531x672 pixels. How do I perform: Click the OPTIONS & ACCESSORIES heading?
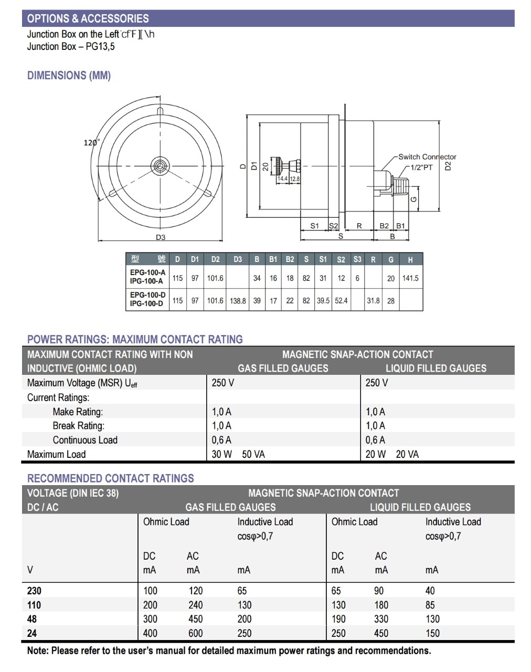(x=88, y=18)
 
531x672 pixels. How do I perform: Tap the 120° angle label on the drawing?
(x=91, y=142)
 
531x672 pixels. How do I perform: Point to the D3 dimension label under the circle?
(x=161, y=237)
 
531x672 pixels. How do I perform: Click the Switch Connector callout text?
(x=427, y=156)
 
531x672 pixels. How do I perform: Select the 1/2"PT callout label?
(x=421, y=167)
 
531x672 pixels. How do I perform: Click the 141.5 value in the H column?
(x=410, y=278)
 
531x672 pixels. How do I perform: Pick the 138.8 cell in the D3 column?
(x=238, y=301)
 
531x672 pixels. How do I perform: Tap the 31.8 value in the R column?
(x=373, y=301)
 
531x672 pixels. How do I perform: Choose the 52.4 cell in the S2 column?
(x=341, y=301)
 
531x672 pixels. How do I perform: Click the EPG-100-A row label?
(x=147, y=272)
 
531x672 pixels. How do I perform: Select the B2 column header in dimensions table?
(x=290, y=259)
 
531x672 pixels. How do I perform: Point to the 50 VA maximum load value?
(x=253, y=454)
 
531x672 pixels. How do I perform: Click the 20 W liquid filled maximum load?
(x=375, y=454)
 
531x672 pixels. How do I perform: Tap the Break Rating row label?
(x=78, y=426)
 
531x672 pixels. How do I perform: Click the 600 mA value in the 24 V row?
(x=195, y=633)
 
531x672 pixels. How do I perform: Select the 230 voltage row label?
(x=34, y=591)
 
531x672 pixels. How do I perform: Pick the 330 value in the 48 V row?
(x=381, y=619)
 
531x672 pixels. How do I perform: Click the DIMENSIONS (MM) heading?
(x=69, y=76)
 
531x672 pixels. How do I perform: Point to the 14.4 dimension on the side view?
(x=282, y=179)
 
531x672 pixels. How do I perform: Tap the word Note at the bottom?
(x=38, y=650)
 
